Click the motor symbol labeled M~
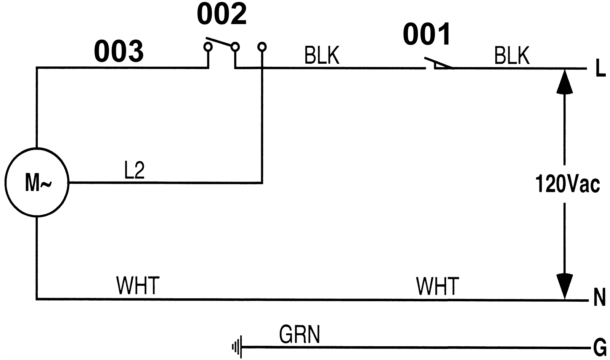coord(37,183)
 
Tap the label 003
coord(119,51)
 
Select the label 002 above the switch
coord(222,14)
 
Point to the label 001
coord(427,34)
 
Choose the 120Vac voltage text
coord(567,184)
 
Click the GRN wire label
coord(300,334)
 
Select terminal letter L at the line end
coord(600,69)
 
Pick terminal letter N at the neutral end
coord(600,298)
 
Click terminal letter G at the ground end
coord(600,348)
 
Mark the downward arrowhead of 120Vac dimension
coord(564,286)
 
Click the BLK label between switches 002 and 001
coord(321,56)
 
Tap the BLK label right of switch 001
coord(512,56)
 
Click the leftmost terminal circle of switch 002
coord(208,47)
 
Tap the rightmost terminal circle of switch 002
coord(262,47)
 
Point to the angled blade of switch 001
coord(438,63)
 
